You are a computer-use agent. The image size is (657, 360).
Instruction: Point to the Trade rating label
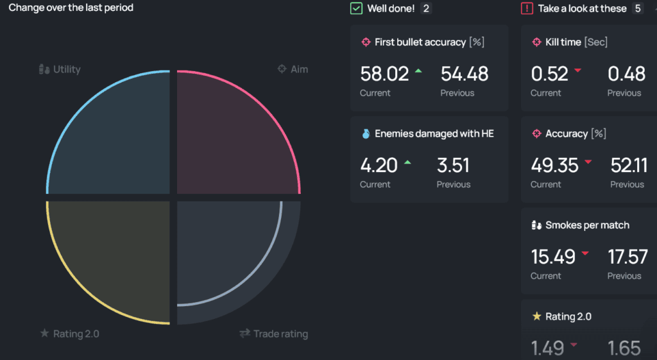(x=274, y=334)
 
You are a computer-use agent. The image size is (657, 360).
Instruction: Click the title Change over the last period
(x=71, y=8)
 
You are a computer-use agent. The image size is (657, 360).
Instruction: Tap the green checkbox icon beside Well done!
(x=356, y=8)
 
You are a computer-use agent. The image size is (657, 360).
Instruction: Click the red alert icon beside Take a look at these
(x=527, y=8)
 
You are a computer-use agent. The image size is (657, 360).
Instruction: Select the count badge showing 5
(x=638, y=8)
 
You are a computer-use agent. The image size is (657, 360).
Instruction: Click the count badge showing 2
(x=426, y=8)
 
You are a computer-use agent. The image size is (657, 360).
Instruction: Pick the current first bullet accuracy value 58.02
(x=384, y=74)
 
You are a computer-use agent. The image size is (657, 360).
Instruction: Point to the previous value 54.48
(x=465, y=74)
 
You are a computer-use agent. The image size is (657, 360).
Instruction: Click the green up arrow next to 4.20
(x=407, y=163)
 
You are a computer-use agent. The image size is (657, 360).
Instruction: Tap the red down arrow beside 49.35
(x=588, y=163)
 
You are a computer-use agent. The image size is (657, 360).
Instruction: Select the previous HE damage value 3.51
(x=454, y=166)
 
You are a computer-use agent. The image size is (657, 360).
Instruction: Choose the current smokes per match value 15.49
(x=553, y=257)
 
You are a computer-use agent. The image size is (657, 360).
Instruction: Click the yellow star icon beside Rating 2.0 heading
(x=536, y=316)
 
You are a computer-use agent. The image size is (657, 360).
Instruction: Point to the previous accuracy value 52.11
(x=629, y=166)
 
